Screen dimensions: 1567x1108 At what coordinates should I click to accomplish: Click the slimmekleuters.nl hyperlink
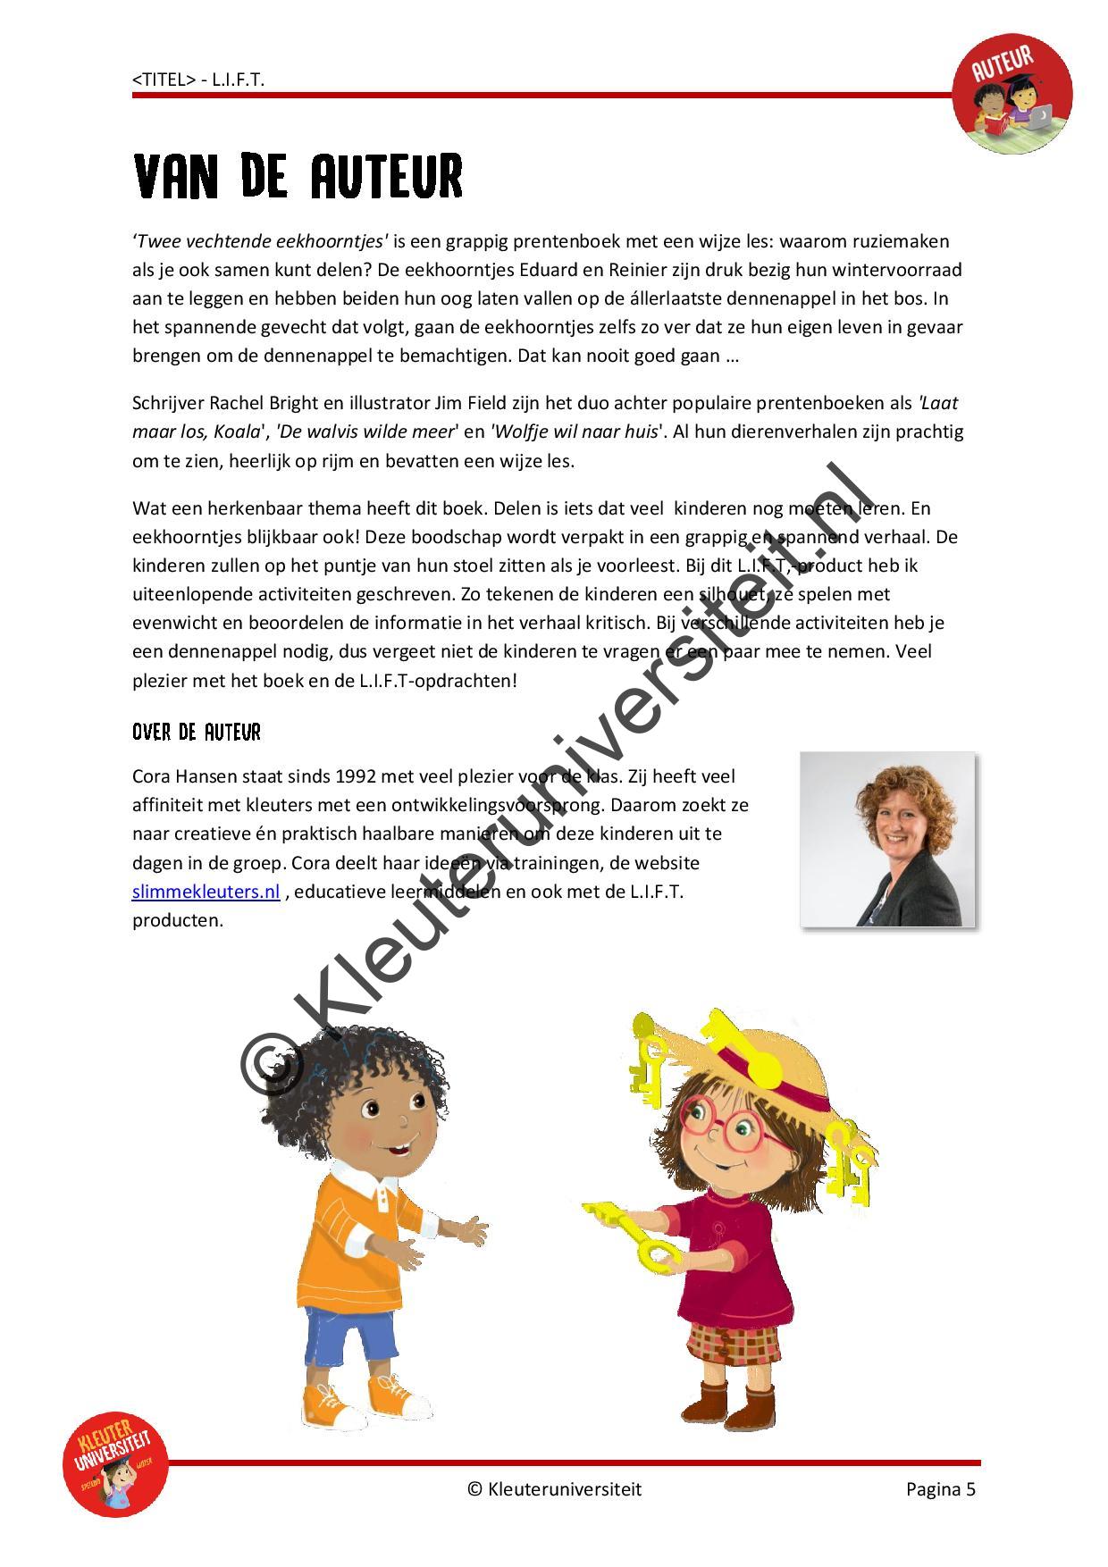click(206, 892)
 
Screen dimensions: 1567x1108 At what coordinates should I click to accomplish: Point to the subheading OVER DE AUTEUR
click(197, 733)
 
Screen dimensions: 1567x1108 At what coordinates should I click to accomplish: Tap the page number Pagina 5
click(940, 1488)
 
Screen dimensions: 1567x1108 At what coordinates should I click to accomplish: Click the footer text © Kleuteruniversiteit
click(554, 1488)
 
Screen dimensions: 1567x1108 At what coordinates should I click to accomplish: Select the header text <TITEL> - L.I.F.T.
click(198, 80)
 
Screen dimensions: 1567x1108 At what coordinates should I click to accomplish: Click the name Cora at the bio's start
click(153, 776)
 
